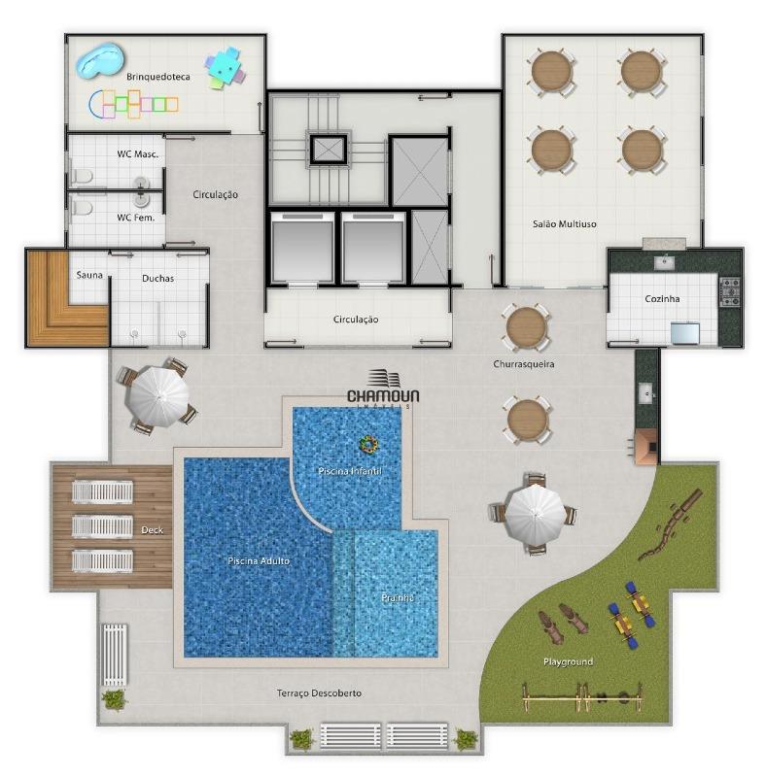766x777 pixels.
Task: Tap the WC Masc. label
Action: coord(137,153)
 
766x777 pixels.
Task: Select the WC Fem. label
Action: coord(136,217)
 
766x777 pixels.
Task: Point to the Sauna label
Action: coord(89,275)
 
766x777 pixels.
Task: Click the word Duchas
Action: coord(157,278)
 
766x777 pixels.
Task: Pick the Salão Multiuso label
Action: coord(564,223)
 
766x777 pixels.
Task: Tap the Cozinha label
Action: coord(662,299)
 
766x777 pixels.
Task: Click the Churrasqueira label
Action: coord(523,364)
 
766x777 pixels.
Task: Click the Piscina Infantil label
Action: coord(357,471)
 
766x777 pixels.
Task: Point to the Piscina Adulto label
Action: coord(259,561)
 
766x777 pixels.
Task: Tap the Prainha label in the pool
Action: coord(398,597)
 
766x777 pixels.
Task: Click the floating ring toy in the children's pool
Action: coord(368,445)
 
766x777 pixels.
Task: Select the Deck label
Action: coord(152,530)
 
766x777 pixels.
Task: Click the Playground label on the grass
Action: coord(568,661)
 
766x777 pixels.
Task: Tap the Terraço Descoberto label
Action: coord(319,693)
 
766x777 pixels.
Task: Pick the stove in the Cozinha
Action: coord(728,288)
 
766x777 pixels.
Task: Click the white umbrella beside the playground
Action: coord(534,513)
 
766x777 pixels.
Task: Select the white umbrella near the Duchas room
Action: coord(158,395)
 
